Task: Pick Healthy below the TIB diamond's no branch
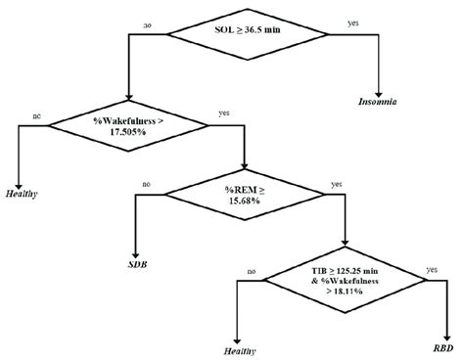(240, 349)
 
